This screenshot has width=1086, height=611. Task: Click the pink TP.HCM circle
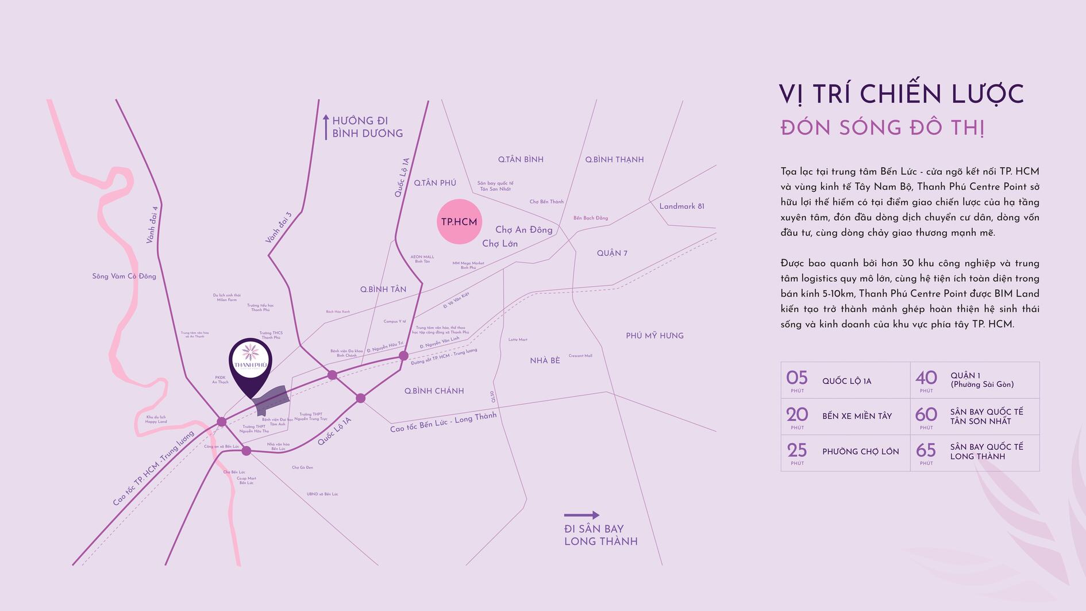[459, 221]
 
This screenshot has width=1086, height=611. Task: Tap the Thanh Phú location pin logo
[251, 362]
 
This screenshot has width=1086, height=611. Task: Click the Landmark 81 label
[681, 206]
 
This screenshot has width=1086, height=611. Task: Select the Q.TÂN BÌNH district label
[521, 159]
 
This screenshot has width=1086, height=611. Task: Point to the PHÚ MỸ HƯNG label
[654, 336]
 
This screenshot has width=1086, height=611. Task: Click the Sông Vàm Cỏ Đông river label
[124, 276]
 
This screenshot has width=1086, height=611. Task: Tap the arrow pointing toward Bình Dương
[326, 127]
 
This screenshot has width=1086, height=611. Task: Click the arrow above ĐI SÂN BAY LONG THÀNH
[581, 515]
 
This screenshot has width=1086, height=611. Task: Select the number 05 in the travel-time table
[797, 378]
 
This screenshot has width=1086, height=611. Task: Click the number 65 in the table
[926, 450]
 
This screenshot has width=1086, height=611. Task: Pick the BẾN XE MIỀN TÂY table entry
[857, 416]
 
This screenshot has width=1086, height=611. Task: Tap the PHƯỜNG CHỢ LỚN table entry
[860, 452]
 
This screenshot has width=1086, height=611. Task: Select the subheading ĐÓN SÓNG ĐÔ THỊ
[883, 128]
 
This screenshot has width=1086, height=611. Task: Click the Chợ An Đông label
[523, 230]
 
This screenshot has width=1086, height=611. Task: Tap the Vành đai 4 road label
[152, 224]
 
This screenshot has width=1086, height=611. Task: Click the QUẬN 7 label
[612, 253]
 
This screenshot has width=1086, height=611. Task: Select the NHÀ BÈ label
[545, 360]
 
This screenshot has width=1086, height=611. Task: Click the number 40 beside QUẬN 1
[926, 378]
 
